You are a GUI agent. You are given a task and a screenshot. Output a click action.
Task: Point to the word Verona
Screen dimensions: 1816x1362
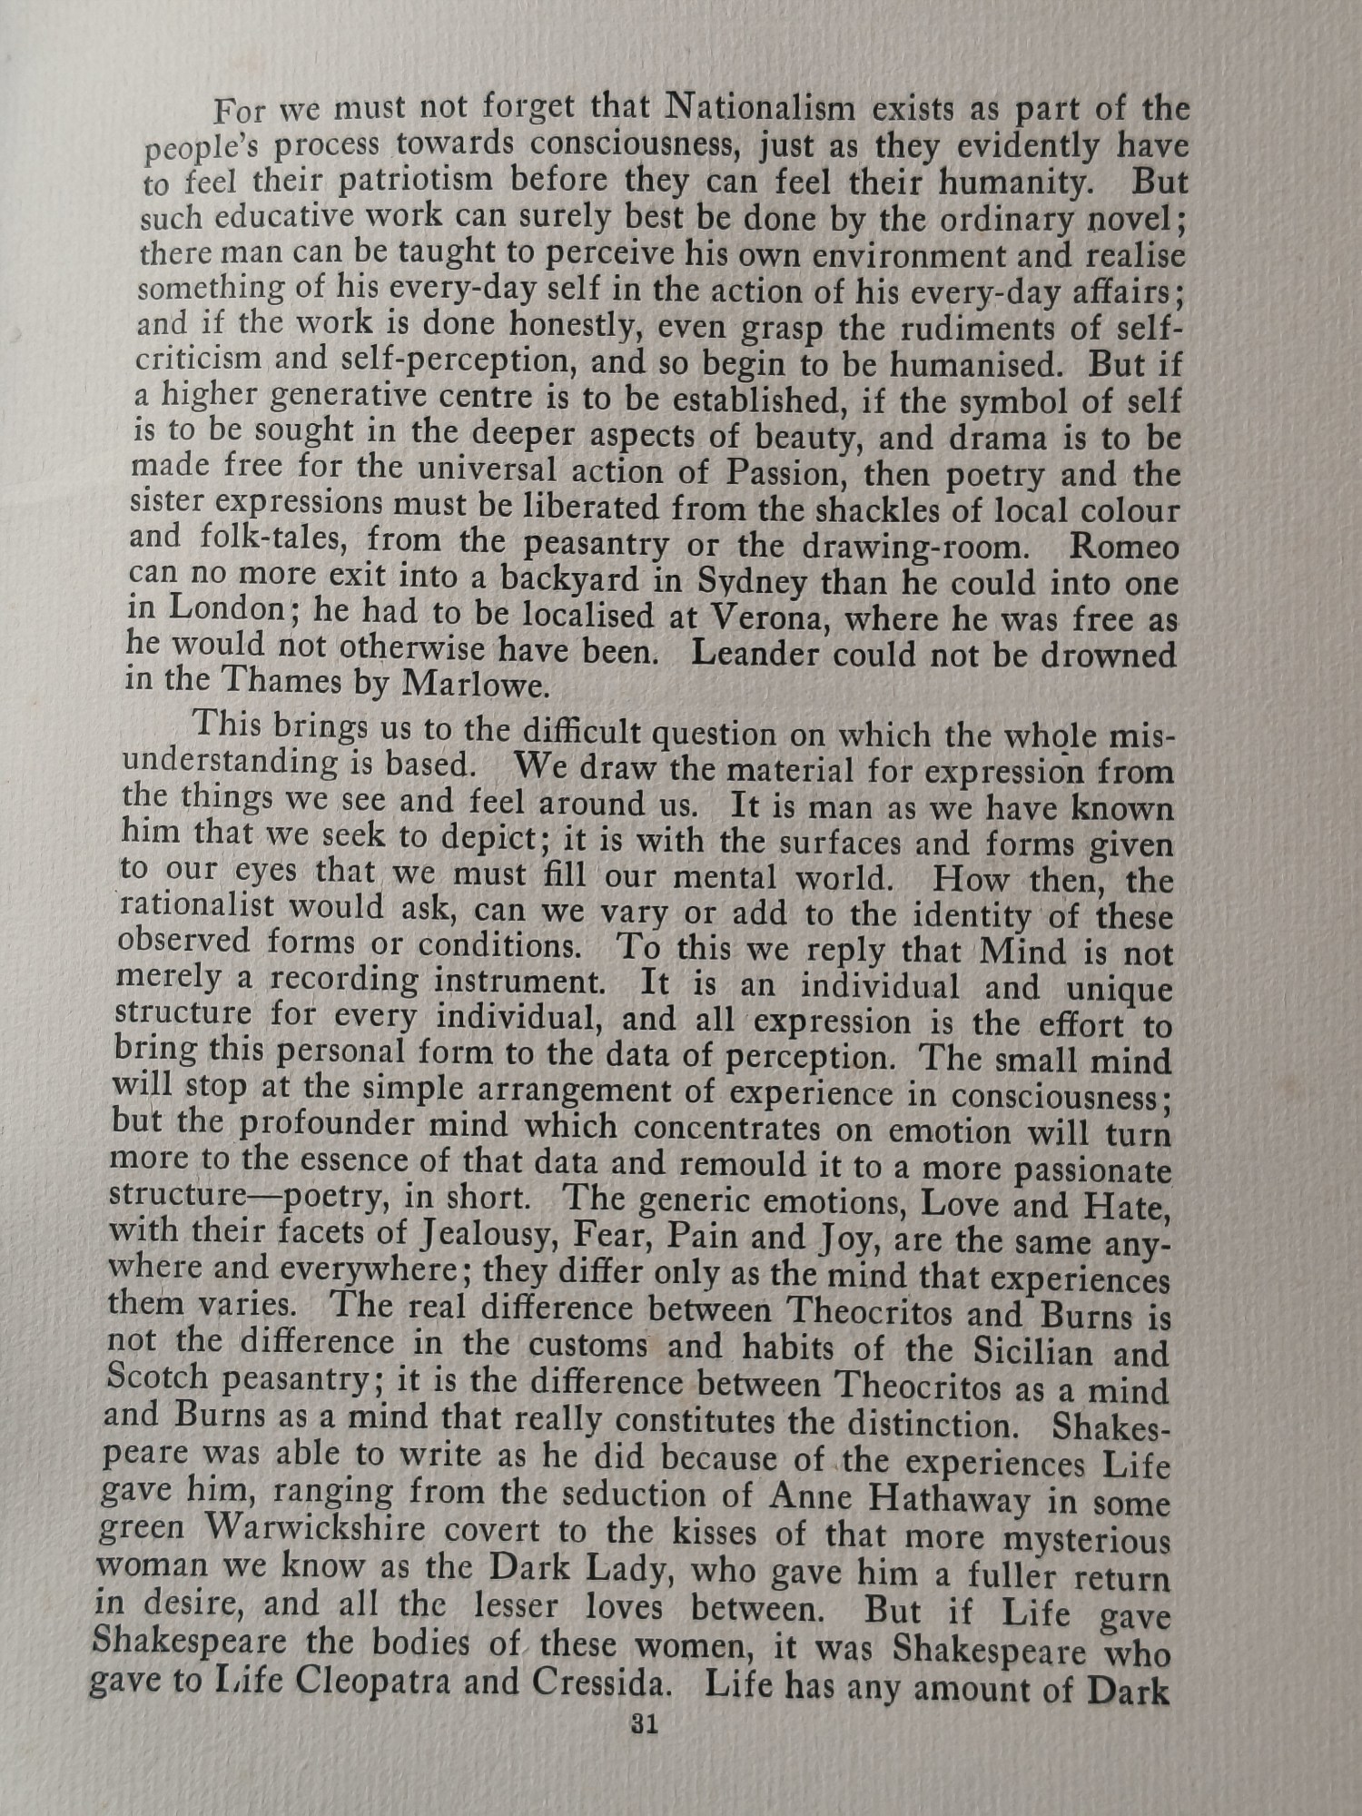pos(767,618)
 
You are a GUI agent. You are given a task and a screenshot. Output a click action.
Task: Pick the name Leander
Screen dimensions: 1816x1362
pos(755,654)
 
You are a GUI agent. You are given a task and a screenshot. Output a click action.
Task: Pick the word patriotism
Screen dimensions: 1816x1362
pos(378,181)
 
